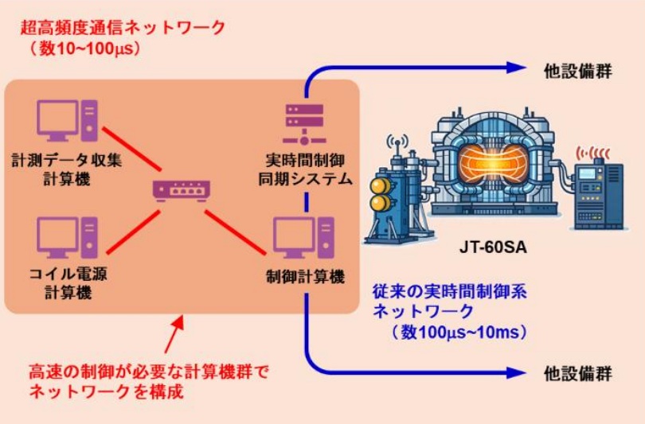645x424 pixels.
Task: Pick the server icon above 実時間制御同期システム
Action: click(304, 120)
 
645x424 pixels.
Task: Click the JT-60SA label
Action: click(480, 248)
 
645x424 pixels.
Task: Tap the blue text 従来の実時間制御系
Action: click(451, 291)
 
